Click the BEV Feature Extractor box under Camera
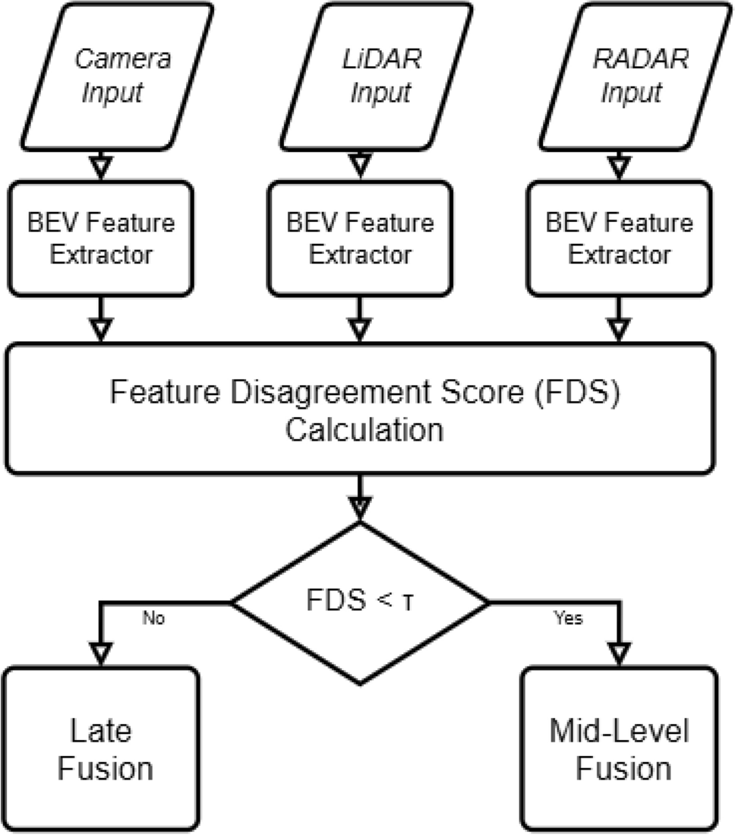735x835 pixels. click(x=101, y=238)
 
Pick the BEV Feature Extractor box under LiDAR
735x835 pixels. click(x=360, y=238)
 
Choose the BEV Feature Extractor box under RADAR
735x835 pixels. click(x=620, y=238)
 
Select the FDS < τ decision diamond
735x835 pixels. click(x=360, y=603)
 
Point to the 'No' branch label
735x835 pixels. click(x=154, y=618)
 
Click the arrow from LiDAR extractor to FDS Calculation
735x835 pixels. click(x=360, y=319)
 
